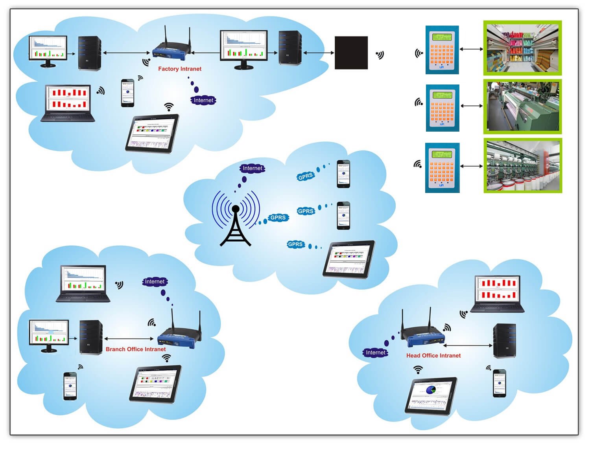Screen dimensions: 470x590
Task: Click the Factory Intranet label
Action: pos(179,69)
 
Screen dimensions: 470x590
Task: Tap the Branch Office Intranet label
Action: pos(136,349)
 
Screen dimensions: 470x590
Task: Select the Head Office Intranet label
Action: pos(433,355)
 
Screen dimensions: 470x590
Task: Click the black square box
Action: pos(351,53)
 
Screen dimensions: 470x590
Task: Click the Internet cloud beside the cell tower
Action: pos(252,168)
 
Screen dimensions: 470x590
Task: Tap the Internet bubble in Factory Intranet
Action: pos(203,100)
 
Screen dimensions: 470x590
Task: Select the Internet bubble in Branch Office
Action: pos(155,281)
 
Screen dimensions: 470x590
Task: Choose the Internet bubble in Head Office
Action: pos(375,352)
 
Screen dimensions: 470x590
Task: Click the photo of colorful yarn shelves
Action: pos(522,48)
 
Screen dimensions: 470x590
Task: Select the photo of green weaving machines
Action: pos(522,106)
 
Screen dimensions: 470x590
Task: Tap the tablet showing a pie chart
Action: pos(431,395)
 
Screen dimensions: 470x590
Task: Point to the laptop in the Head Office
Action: pos(498,294)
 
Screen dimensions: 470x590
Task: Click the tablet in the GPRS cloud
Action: pos(349,259)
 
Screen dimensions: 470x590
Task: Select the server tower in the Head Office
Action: pos(504,340)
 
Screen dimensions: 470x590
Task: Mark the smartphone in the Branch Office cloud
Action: pos(70,386)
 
